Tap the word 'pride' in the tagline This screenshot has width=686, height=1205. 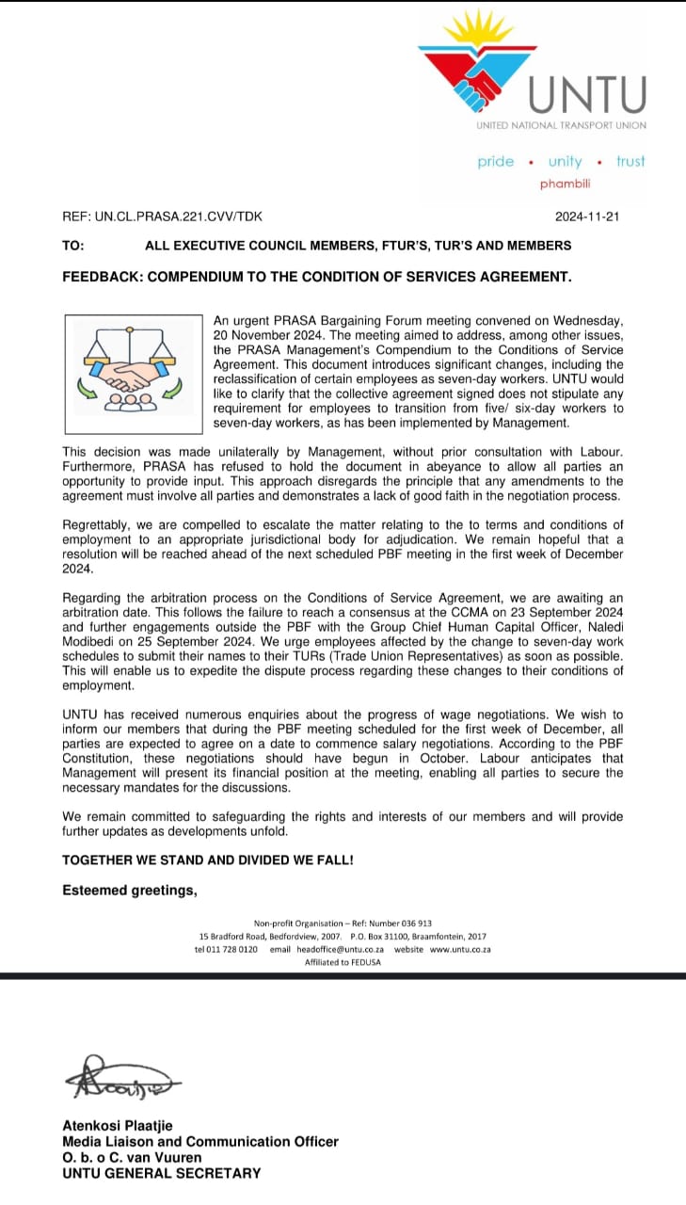pos(496,162)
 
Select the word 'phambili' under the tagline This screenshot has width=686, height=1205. pos(565,184)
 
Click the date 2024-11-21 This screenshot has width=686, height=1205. pos(587,217)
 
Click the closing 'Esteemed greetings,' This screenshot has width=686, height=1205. pos(129,890)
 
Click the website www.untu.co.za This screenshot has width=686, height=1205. pos(460,950)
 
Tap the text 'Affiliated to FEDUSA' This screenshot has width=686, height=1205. pos(343,962)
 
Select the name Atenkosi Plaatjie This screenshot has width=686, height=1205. pos(118,1126)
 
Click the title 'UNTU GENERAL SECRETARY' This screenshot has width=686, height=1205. pos(162,1173)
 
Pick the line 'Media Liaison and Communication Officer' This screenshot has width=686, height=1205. pos(200,1142)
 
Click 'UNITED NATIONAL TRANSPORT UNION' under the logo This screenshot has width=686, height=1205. pos(561,125)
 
